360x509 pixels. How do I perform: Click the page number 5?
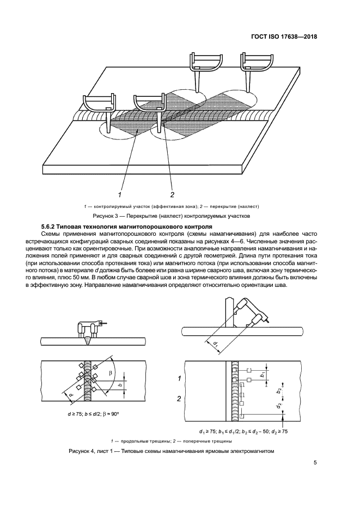pos(315,463)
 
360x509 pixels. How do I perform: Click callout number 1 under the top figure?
pos(119,194)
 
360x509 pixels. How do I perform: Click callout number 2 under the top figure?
pos(172,194)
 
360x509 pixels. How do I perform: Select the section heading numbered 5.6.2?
pos(127,226)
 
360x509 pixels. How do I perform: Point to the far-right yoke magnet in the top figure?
pos(254,60)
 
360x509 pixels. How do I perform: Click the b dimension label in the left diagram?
pos(119,385)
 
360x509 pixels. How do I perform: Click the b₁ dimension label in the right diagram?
pos(262,375)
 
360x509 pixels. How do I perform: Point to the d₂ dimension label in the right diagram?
pos(278,406)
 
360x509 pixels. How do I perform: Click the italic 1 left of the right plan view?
pos(179,377)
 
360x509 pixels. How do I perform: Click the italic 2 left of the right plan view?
pos(179,399)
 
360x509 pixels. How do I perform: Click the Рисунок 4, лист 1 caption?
pos(170,451)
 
